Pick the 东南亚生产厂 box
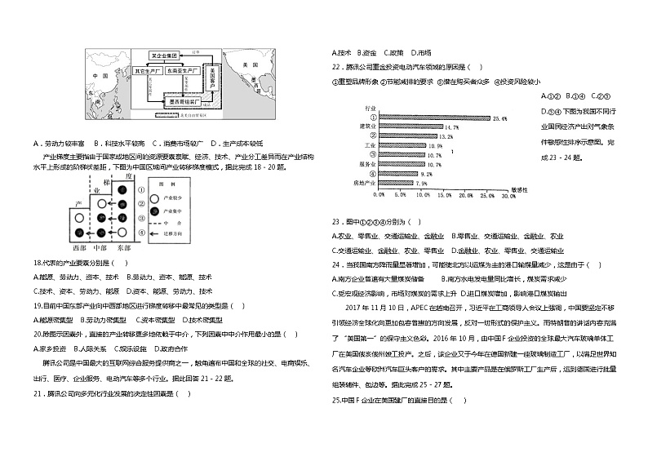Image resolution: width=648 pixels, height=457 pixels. click(181, 72)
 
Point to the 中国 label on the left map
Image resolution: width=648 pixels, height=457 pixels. click(101, 77)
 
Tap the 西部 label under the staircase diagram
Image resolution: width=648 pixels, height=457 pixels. click(78, 246)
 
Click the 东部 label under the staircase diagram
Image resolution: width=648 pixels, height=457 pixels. click(123, 246)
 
